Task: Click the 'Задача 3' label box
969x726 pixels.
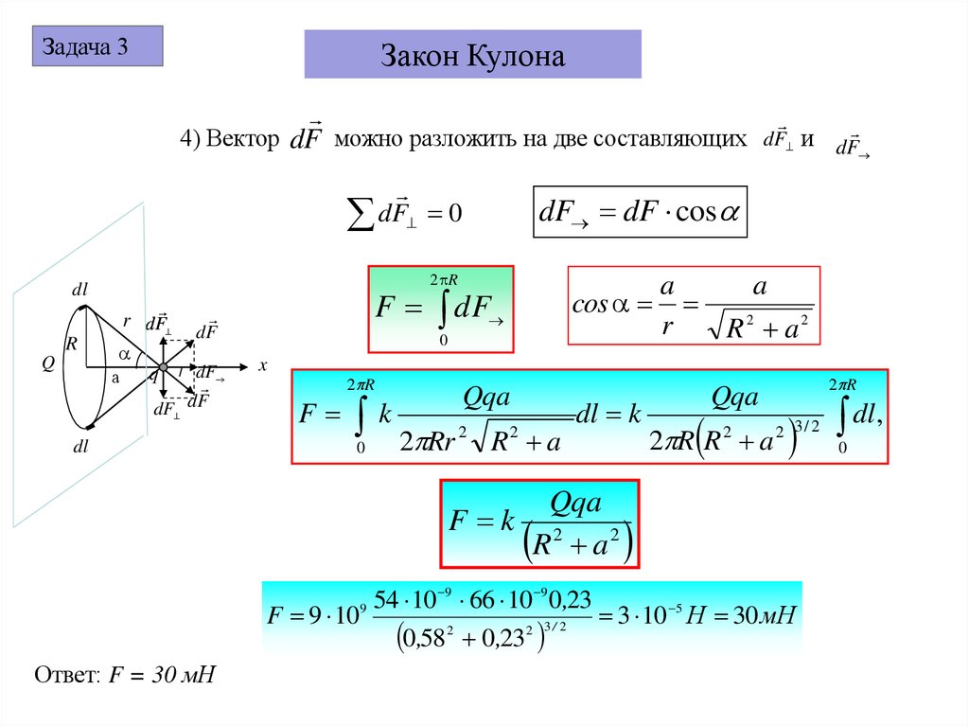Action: (x=97, y=46)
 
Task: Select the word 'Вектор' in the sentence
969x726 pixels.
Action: (x=241, y=139)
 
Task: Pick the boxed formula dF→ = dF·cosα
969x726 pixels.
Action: (x=641, y=211)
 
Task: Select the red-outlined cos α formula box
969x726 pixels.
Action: (x=694, y=306)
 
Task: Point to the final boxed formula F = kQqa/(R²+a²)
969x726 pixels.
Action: (x=540, y=523)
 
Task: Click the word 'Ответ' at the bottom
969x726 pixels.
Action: (x=64, y=676)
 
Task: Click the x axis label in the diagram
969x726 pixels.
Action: (x=264, y=364)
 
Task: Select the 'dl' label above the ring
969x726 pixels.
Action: (x=79, y=289)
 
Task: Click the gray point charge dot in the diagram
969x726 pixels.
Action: (x=163, y=367)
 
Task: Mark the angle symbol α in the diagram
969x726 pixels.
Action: (x=123, y=354)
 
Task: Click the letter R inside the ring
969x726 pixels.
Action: (x=70, y=343)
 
